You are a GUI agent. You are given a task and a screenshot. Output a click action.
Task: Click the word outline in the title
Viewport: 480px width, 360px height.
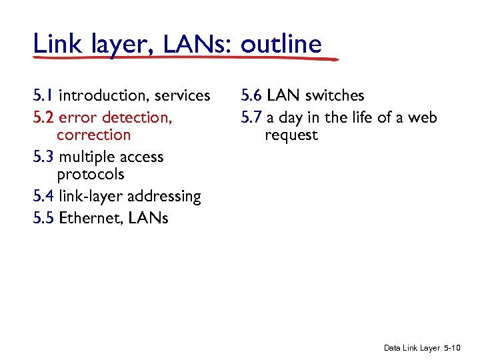pos(281,44)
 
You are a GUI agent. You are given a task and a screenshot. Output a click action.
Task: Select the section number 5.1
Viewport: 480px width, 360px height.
pos(43,96)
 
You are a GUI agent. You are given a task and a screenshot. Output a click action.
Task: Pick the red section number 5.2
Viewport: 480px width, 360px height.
pos(43,118)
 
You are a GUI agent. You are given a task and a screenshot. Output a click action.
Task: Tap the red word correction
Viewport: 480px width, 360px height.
pos(94,135)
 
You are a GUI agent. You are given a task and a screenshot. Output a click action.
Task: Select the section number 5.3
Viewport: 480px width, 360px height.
pos(43,157)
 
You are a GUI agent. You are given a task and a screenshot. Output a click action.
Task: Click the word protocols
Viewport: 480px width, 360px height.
pos(91,175)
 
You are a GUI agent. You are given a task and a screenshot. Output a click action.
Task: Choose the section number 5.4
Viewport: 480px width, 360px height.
pos(43,196)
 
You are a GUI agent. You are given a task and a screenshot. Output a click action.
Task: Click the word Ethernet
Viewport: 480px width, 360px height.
pos(87,218)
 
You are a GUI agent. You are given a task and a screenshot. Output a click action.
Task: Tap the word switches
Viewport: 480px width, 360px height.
pos(336,96)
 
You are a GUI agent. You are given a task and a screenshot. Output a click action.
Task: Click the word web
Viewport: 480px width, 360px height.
pos(423,118)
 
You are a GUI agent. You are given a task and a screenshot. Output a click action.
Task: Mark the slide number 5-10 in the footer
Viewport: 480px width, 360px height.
pos(452,348)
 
